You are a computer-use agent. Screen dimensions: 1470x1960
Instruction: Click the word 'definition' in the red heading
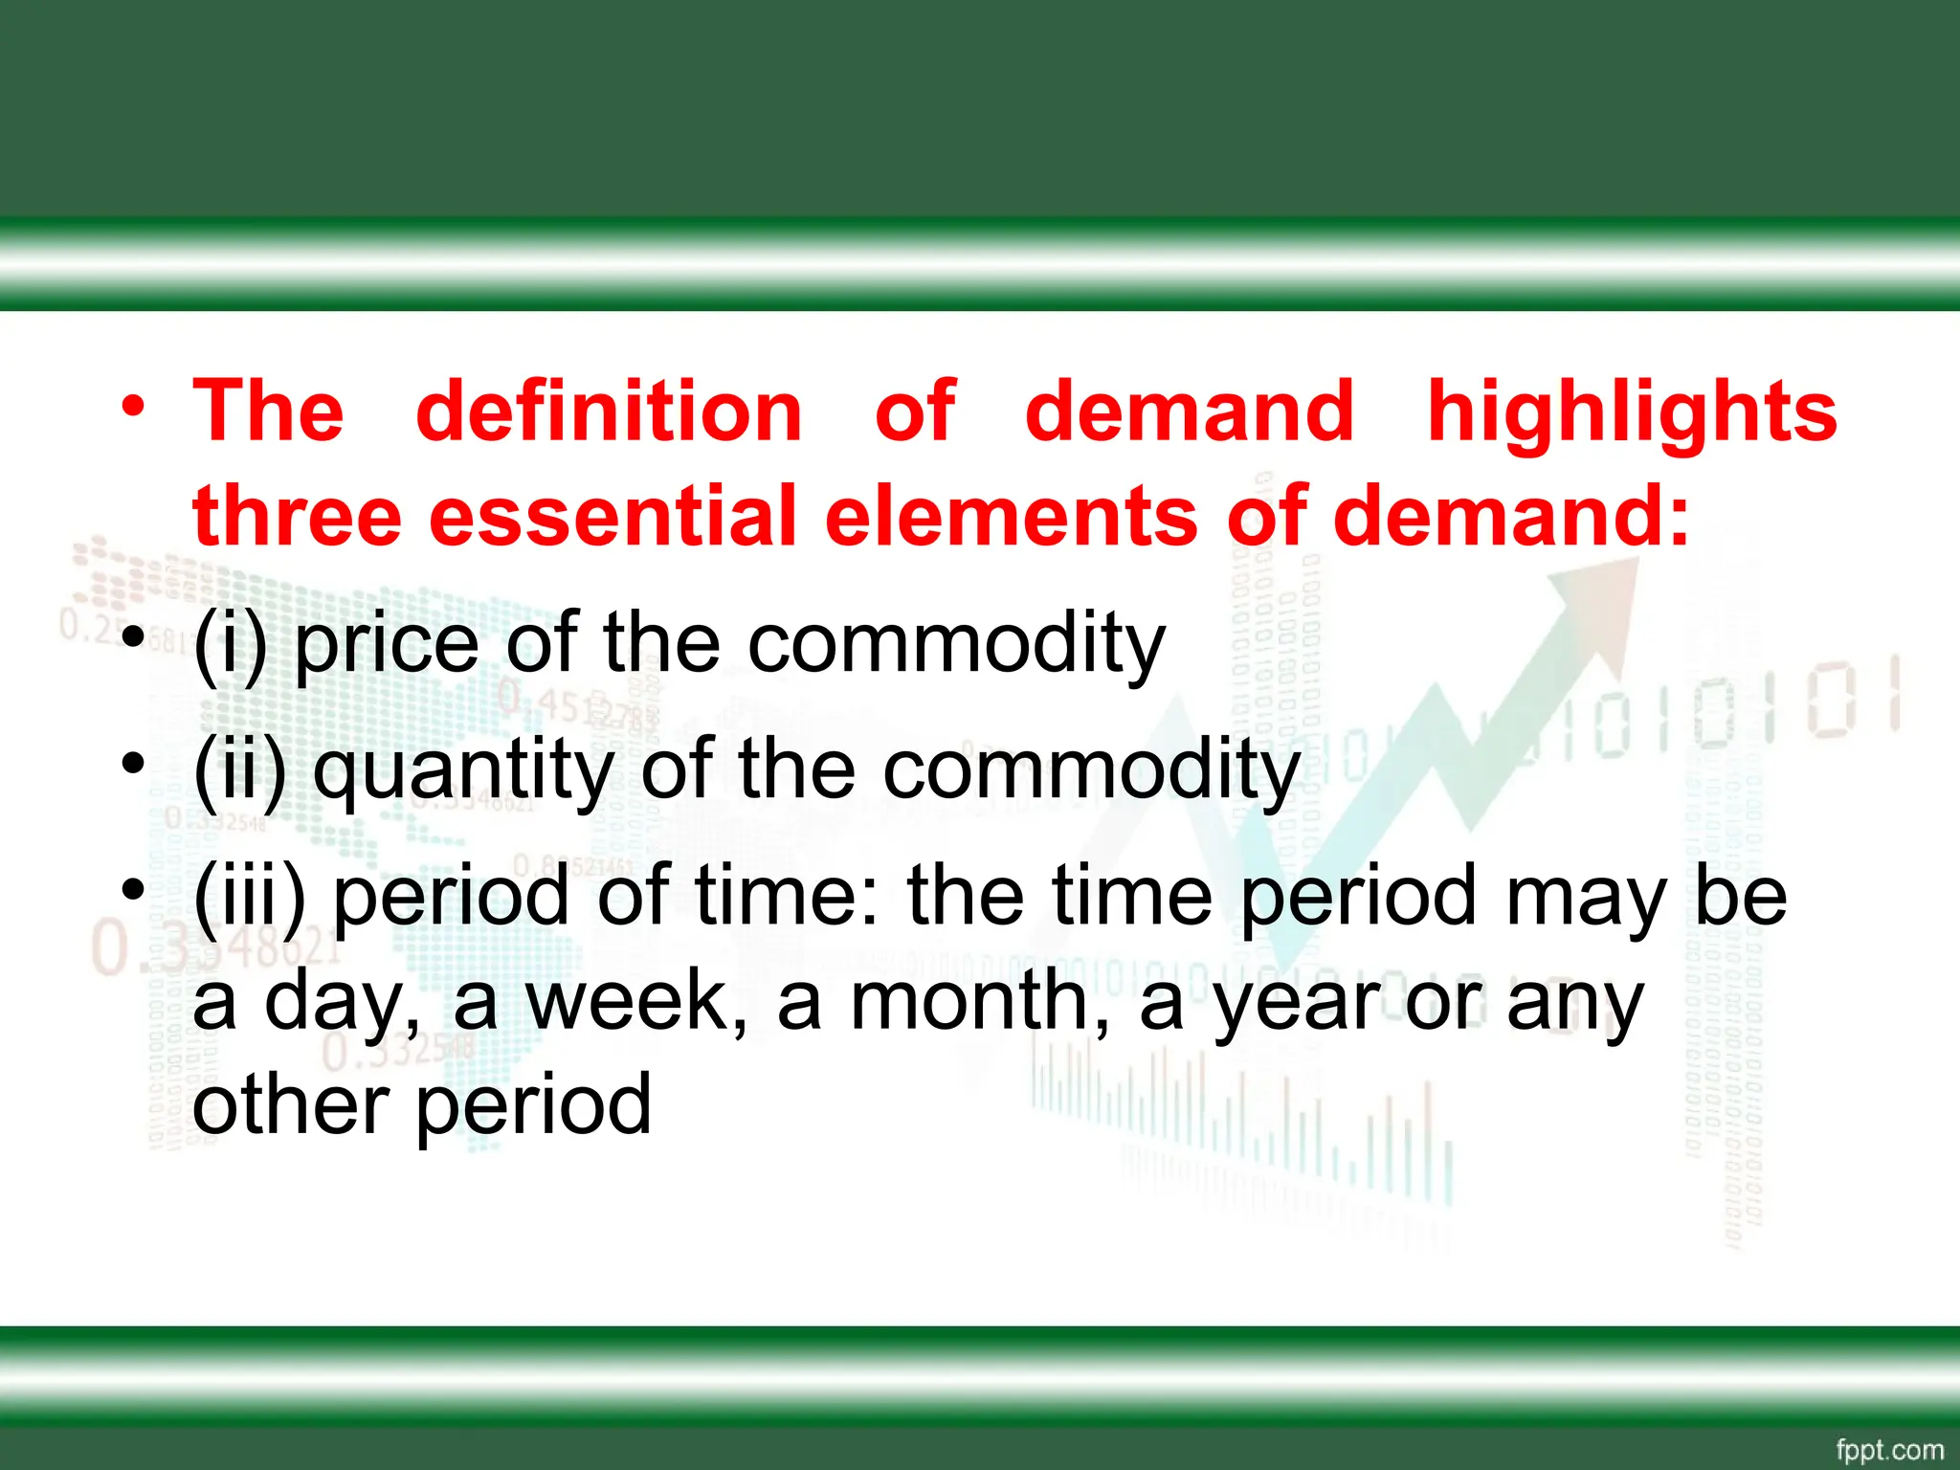(x=609, y=412)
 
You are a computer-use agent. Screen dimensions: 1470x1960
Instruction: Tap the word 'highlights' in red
(x=1632, y=413)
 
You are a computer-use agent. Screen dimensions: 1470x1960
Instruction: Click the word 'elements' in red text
(x=1011, y=517)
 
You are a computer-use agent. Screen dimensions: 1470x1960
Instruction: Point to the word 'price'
(x=386, y=643)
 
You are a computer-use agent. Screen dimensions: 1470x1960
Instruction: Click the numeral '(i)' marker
(x=230, y=643)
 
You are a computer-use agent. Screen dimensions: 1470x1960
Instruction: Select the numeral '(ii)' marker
(x=239, y=770)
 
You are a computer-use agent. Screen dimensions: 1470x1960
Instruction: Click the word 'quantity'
(x=463, y=770)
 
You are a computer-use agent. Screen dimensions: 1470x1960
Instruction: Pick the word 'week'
(x=635, y=1001)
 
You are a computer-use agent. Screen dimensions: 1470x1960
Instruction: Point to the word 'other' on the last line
(x=291, y=1105)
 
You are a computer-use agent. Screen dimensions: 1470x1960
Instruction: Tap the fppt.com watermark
(x=1889, y=1449)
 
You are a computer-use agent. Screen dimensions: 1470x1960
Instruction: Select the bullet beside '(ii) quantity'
(x=133, y=764)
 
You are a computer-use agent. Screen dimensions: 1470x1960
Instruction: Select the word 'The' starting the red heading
(x=268, y=412)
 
